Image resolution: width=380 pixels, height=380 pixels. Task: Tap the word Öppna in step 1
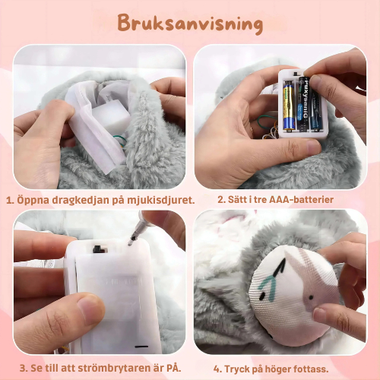point(33,200)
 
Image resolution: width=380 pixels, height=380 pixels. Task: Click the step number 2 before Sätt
point(220,200)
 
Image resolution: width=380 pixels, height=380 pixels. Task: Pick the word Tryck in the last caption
point(242,369)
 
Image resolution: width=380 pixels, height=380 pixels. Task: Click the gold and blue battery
point(290,106)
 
